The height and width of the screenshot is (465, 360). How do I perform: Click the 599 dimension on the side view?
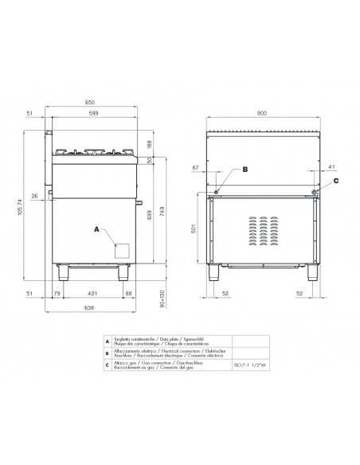click(95, 115)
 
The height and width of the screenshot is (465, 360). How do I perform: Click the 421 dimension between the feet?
click(92, 294)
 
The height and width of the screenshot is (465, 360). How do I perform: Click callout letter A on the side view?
click(96, 229)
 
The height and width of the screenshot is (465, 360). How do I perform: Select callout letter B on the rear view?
click(245, 170)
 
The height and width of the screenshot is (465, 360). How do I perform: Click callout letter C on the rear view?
click(335, 181)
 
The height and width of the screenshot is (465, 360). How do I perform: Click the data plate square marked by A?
click(122, 250)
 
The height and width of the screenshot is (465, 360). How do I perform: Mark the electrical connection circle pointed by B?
click(217, 190)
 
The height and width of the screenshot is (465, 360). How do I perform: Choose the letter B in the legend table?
click(107, 353)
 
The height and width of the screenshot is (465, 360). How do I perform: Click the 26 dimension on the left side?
click(35, 195)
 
